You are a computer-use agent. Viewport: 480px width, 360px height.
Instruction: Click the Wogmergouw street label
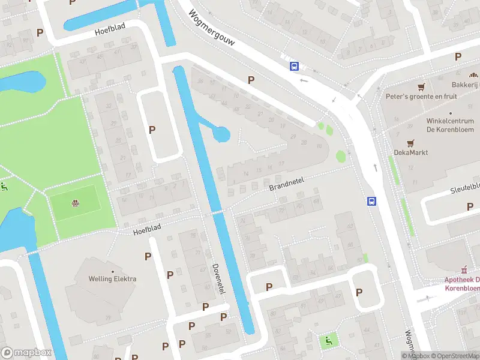[x=211, y=31]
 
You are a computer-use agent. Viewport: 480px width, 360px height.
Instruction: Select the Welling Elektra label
[x=112, y=279]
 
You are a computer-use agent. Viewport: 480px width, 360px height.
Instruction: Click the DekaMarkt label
[x=410, y=152]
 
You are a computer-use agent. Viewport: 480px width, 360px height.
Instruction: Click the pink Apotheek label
[x=461, y=284]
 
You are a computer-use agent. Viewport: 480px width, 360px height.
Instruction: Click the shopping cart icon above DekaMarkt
[x=410, y=143]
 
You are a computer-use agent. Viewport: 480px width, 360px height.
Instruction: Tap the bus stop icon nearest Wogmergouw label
[x=294, y=67]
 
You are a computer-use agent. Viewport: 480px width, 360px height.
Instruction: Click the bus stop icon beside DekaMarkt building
[x=372, y=202]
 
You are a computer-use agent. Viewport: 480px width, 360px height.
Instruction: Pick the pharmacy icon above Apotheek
[x=463, y=269]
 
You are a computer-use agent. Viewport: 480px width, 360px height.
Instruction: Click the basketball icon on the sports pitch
[x=75, y=203]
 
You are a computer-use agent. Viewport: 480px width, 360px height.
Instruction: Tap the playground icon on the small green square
[x=328, y=341]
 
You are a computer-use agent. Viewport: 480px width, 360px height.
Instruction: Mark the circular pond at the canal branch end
[x=222, y=134]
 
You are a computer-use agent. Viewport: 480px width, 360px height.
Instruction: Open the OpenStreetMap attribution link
[x=453, y=356]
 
